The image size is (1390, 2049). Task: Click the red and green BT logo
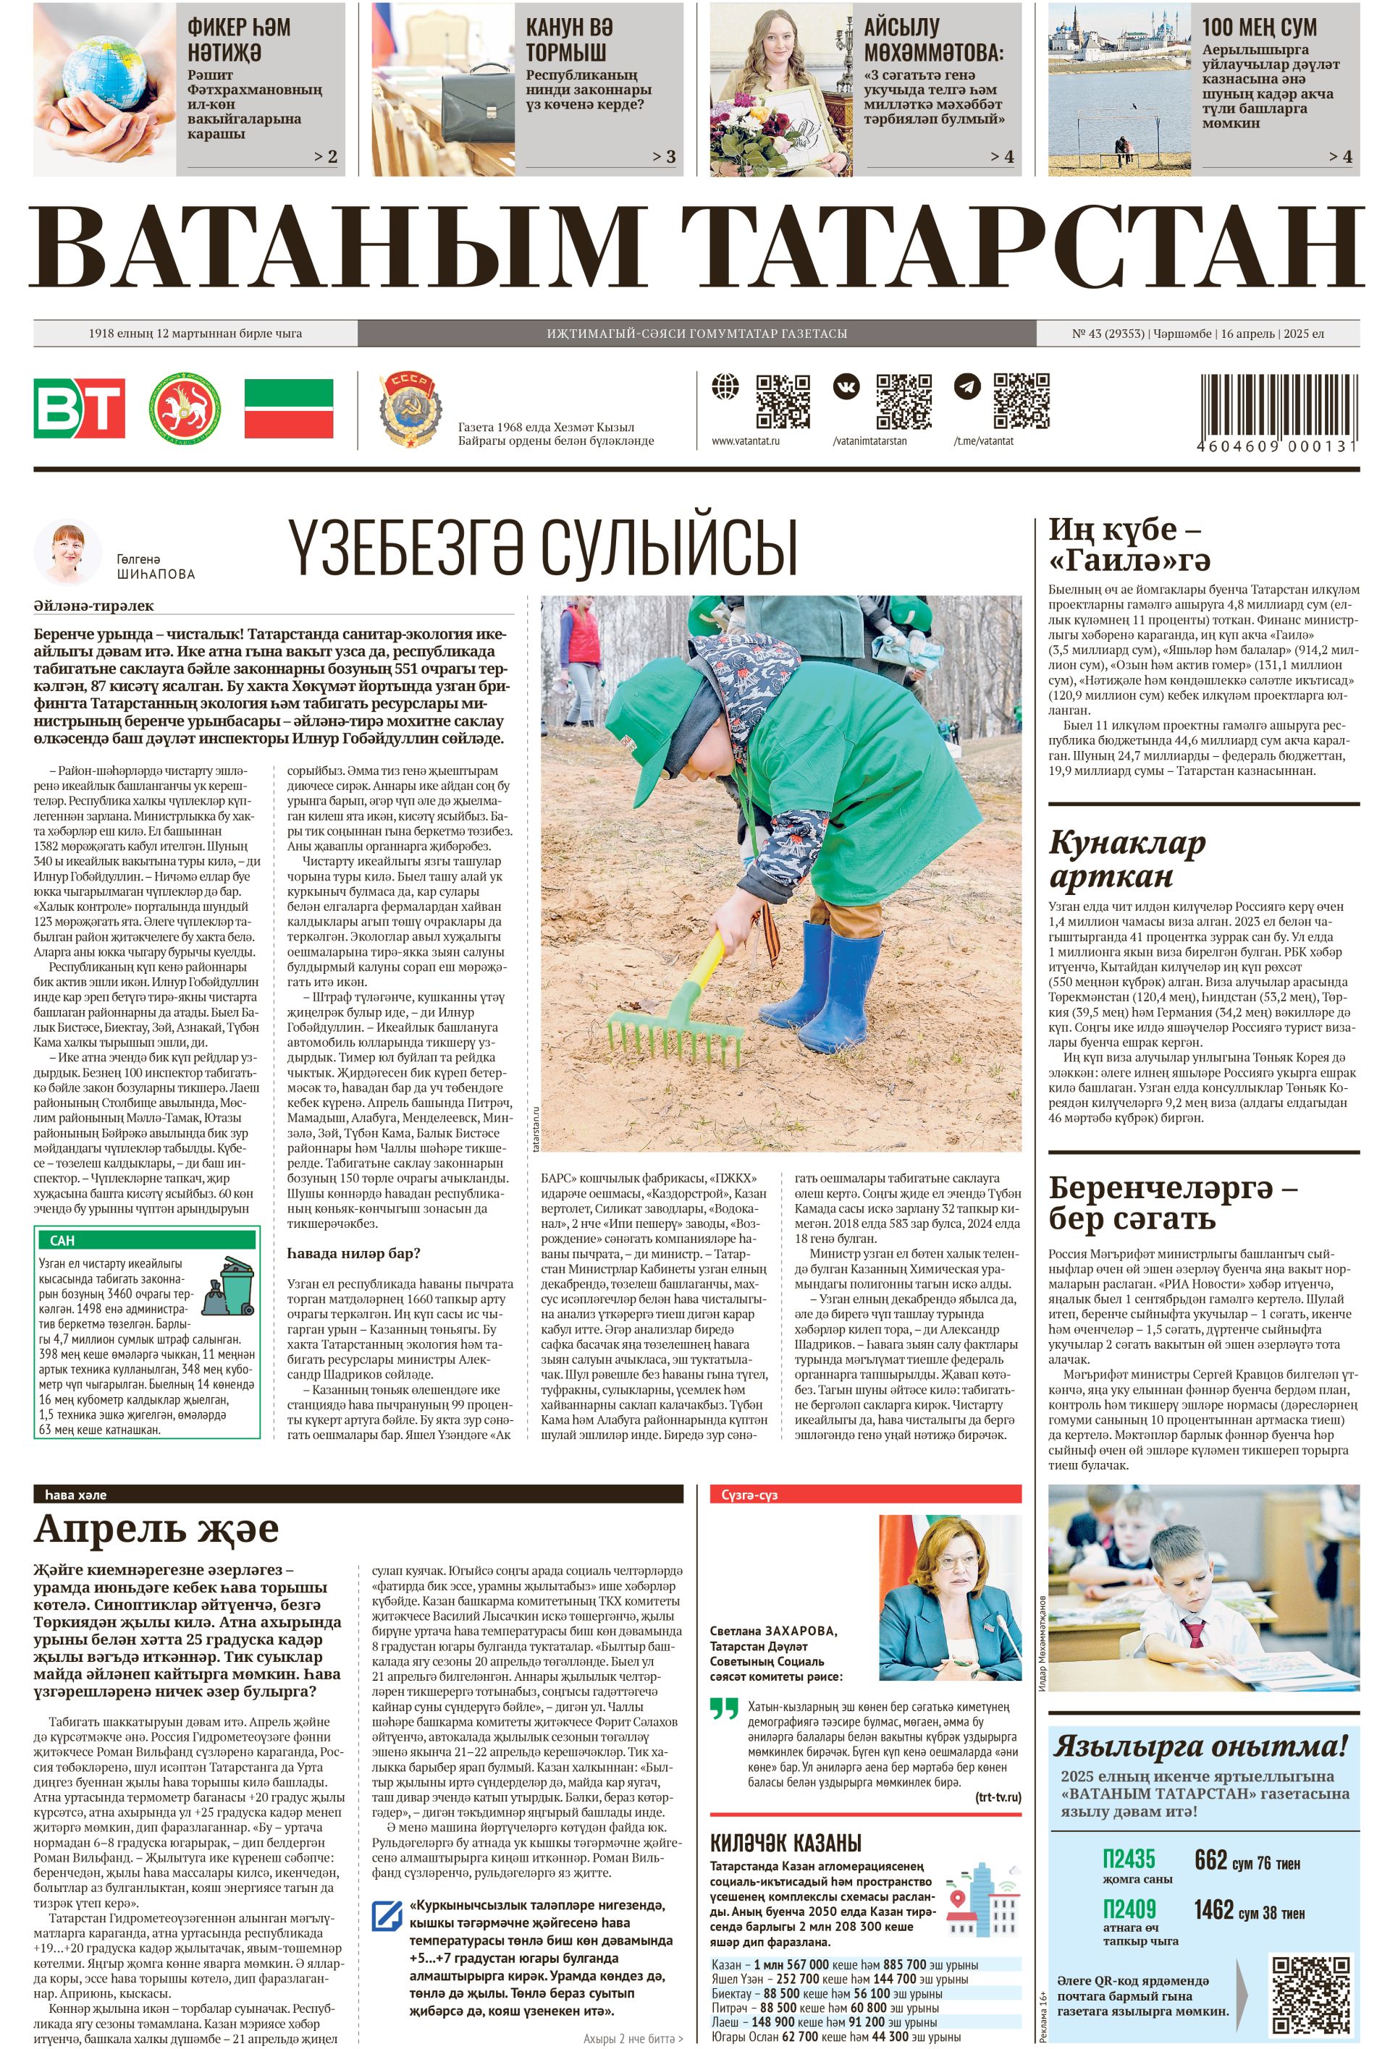pos(80,407)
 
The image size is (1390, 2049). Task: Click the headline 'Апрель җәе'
pos(156,1528)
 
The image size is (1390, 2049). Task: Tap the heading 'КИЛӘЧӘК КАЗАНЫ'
pos(785,1843)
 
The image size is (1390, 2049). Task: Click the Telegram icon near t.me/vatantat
pos(966,386)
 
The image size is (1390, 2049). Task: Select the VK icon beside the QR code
pos(846,387)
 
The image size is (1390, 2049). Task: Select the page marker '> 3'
pos(663,157)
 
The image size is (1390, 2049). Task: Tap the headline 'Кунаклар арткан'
pos(1126,860)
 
